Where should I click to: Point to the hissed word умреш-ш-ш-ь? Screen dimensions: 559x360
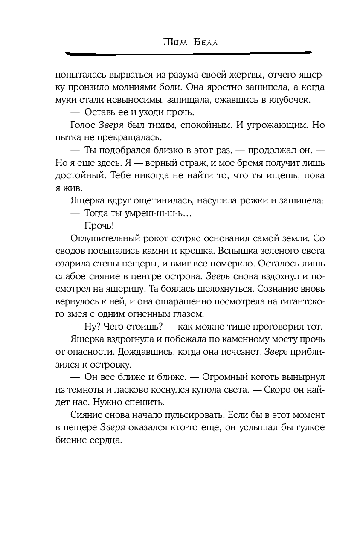pos(147,213)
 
